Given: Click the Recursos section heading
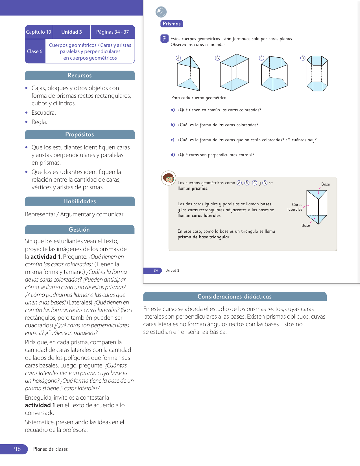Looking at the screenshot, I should click(80, 75).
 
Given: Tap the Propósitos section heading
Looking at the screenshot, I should click(80, 134).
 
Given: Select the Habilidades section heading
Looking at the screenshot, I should click(80, 201).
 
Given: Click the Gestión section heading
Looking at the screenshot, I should click(79, 230).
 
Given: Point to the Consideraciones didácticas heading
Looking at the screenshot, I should click(235, 297).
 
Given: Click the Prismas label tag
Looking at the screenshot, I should click(172, 24).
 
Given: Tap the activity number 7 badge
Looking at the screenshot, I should click(164, 38).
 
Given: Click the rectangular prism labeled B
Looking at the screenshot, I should click(234, 73).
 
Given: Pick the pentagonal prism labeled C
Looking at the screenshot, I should click(274, 73).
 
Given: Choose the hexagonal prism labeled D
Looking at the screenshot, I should click(317, 73).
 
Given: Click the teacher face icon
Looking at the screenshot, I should click(169, 178).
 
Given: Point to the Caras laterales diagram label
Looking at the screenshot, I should click(295, 207).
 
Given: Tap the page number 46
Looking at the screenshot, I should click(17, 449).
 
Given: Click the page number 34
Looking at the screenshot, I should click(156, 271).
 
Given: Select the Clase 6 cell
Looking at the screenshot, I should click(35, 51).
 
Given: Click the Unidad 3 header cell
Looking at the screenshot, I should click(72, 32).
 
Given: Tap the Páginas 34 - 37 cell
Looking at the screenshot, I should click(112, 32).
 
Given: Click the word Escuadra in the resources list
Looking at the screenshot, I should click(43, 113).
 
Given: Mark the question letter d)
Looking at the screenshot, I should click(173, 155).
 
